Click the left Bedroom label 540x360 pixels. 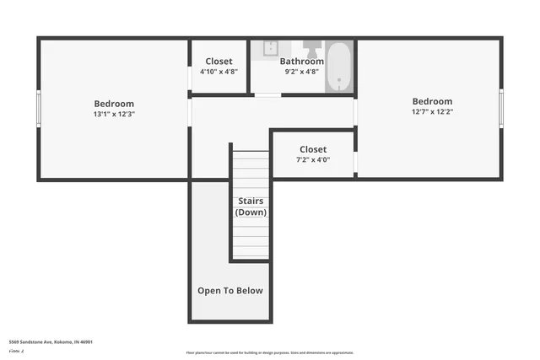coord(113,104)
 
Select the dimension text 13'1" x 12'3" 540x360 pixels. coord(113,114)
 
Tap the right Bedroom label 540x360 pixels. coord(431,101)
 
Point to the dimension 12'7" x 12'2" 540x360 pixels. coord(431,111)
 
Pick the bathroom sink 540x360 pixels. coord(270,48)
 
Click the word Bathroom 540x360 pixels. coord(301,62)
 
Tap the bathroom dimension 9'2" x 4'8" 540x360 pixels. coord(301,72)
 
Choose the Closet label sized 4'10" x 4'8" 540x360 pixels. coord(219,62)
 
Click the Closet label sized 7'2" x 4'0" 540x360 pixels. coord(312,149)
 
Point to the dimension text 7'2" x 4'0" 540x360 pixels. coord(312,159)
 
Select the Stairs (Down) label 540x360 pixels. coord(250,207)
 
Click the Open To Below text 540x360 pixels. coord(229,291)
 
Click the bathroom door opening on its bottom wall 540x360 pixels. coord(267,95)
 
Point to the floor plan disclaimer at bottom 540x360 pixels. coord(269,352)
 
